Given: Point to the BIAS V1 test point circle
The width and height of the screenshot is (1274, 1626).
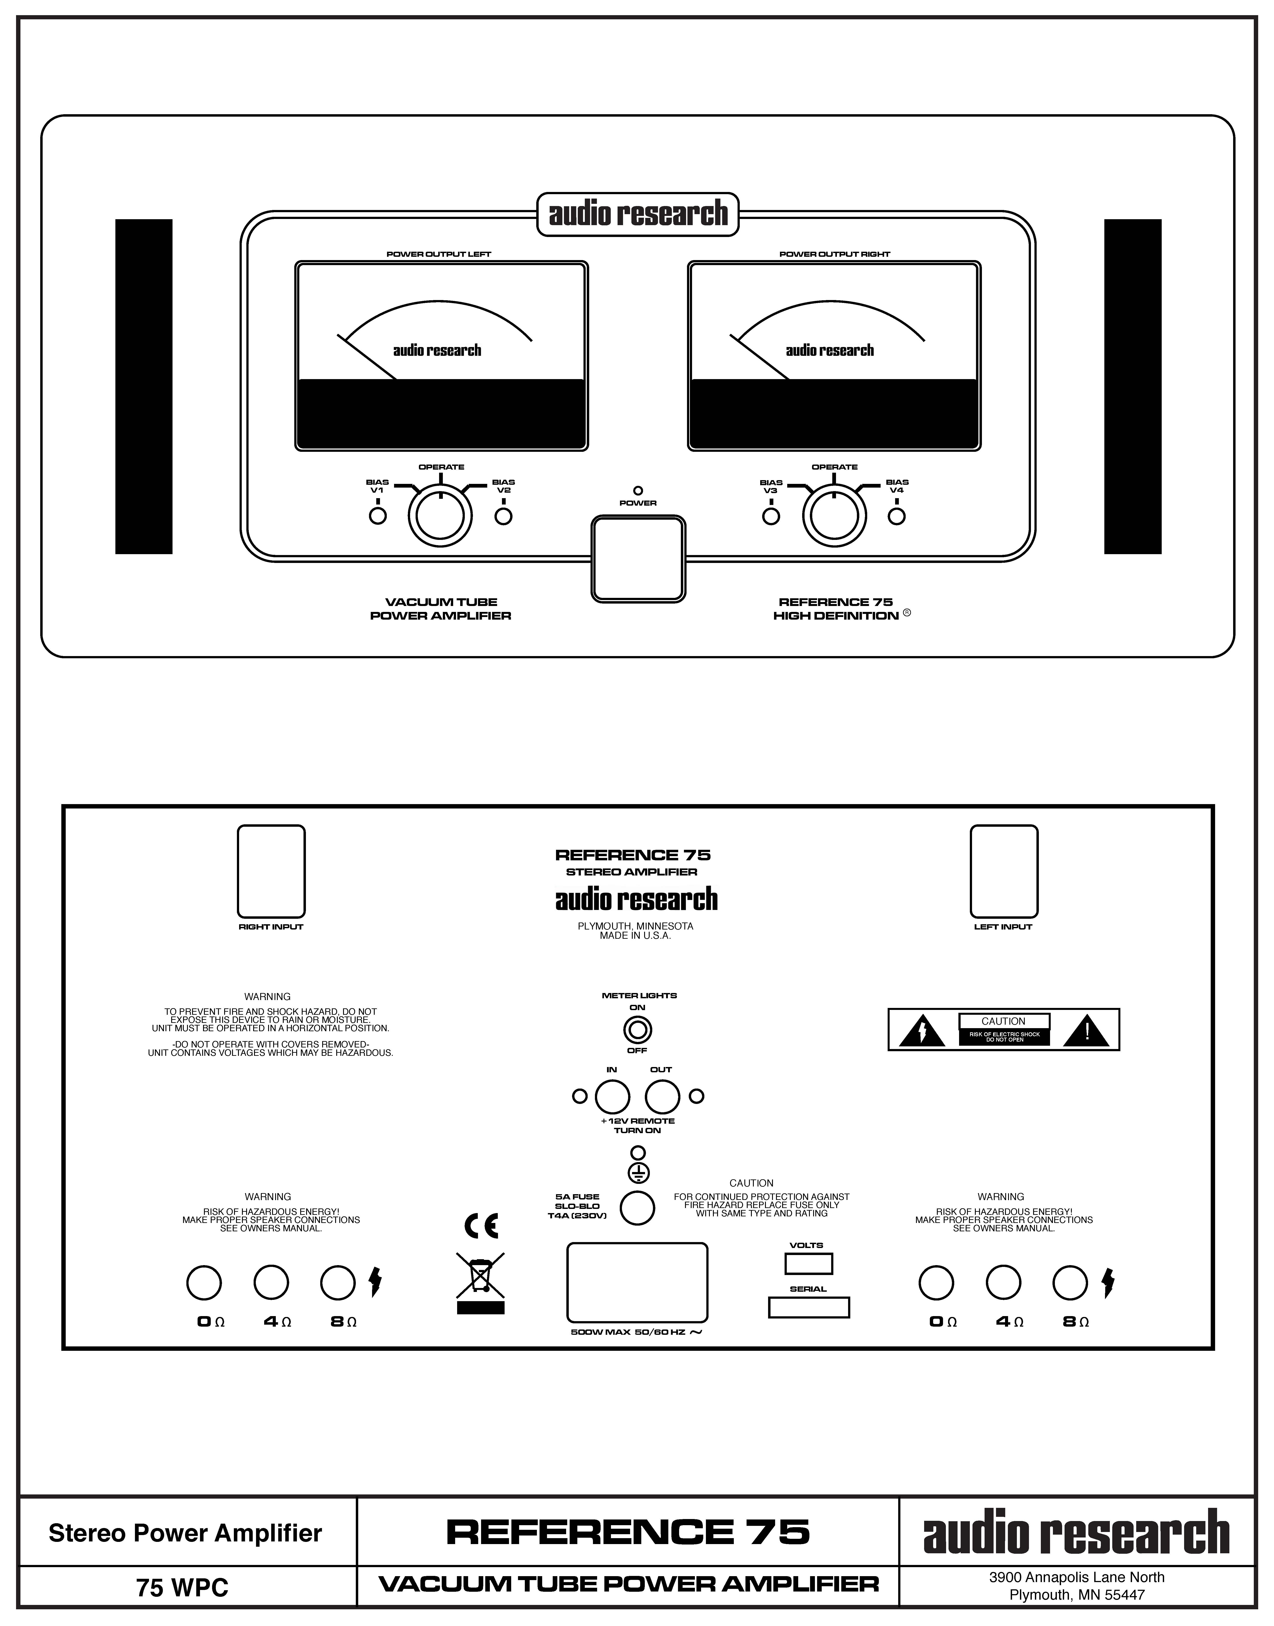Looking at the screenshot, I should [378, 516].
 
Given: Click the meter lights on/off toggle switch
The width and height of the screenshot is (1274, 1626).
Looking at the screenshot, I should [638, 1030].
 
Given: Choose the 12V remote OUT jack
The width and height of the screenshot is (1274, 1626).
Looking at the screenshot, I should [662, 1097].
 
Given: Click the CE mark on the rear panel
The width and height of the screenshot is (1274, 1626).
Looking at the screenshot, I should [481, 1226].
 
